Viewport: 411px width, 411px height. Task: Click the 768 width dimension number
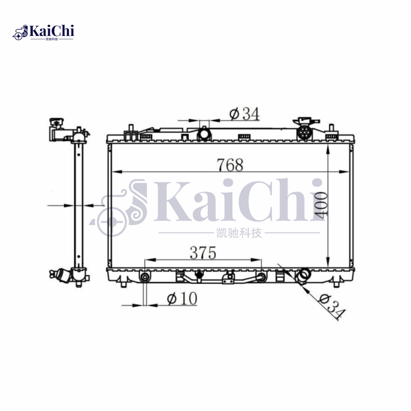(x=230, y=165)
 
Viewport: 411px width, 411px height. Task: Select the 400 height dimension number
(x=321, y=205)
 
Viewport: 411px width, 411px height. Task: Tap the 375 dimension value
(x=203, y=253)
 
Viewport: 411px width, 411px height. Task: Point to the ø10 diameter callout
(x=182, y=298)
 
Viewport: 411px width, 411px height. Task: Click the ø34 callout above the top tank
(x=245, y=114)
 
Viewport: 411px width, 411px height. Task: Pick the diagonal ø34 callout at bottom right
(x=331, y=306)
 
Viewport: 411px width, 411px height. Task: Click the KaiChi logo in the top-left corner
(x=43, y=32)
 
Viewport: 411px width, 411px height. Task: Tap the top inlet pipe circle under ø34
(x=204, y=134)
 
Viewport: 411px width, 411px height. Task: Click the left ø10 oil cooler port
(x=145, y=277)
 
